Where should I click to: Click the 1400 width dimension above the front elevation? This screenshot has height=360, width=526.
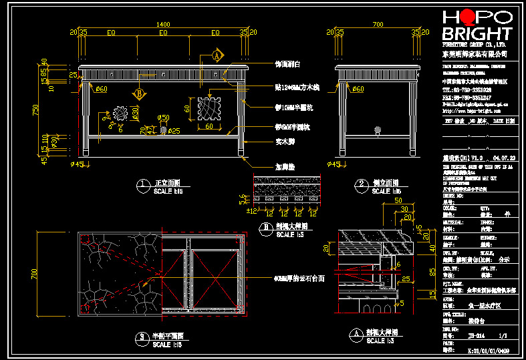point(162,25)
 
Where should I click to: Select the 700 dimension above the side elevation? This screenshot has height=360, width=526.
point(378,25)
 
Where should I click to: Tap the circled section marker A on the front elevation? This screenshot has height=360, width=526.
point(217,56)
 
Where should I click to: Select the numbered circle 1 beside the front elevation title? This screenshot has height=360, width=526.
point(141,184)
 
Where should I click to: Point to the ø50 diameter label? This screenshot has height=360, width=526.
point(163,118)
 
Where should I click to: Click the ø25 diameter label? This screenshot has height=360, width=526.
point(173,130)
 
